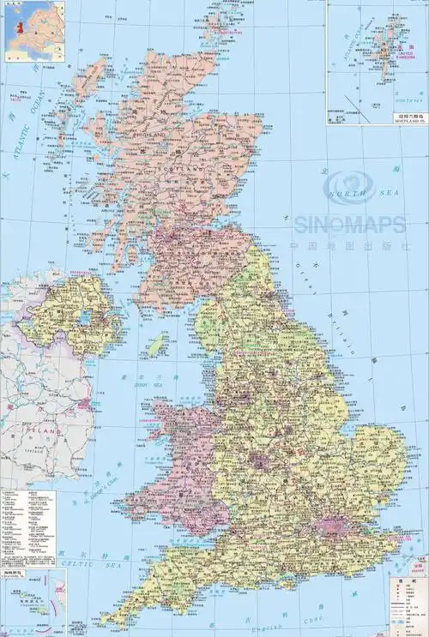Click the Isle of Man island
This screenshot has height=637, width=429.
click(x=157, y=346)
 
